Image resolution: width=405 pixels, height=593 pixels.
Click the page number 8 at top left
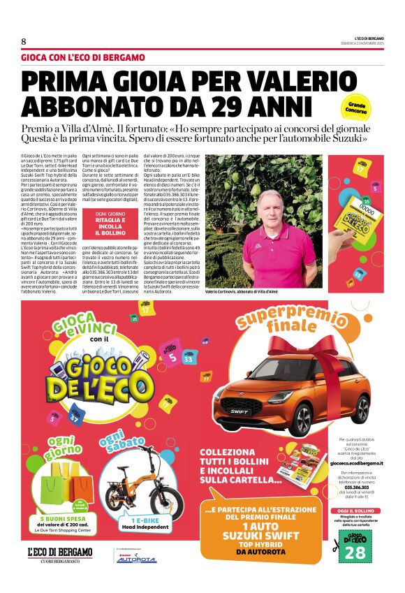tap(24, 41)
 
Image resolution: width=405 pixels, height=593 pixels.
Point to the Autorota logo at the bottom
tap(136, 559)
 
